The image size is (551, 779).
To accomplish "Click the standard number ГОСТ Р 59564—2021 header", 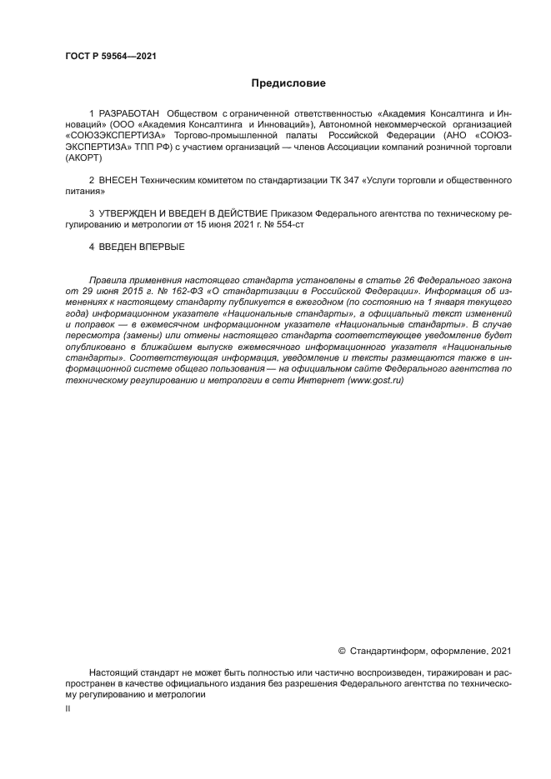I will pyautogui.click(x=111, y=57).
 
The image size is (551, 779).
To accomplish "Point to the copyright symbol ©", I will pyautogui.click(x=342, y=651).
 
